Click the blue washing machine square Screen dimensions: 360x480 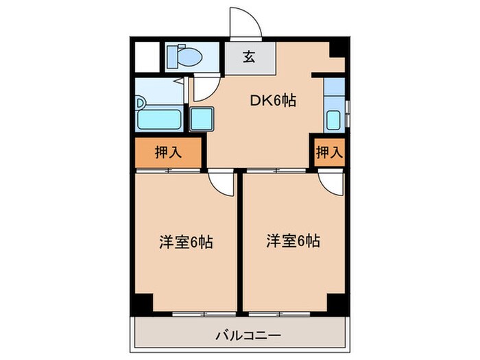click(202, 120)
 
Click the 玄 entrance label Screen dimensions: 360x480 click(249, 58)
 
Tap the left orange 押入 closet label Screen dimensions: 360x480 click(168, 152)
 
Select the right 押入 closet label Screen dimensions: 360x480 click(328, 152)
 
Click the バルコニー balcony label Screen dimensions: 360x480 click(240, 335)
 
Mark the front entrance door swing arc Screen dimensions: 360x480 click(245, 23)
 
